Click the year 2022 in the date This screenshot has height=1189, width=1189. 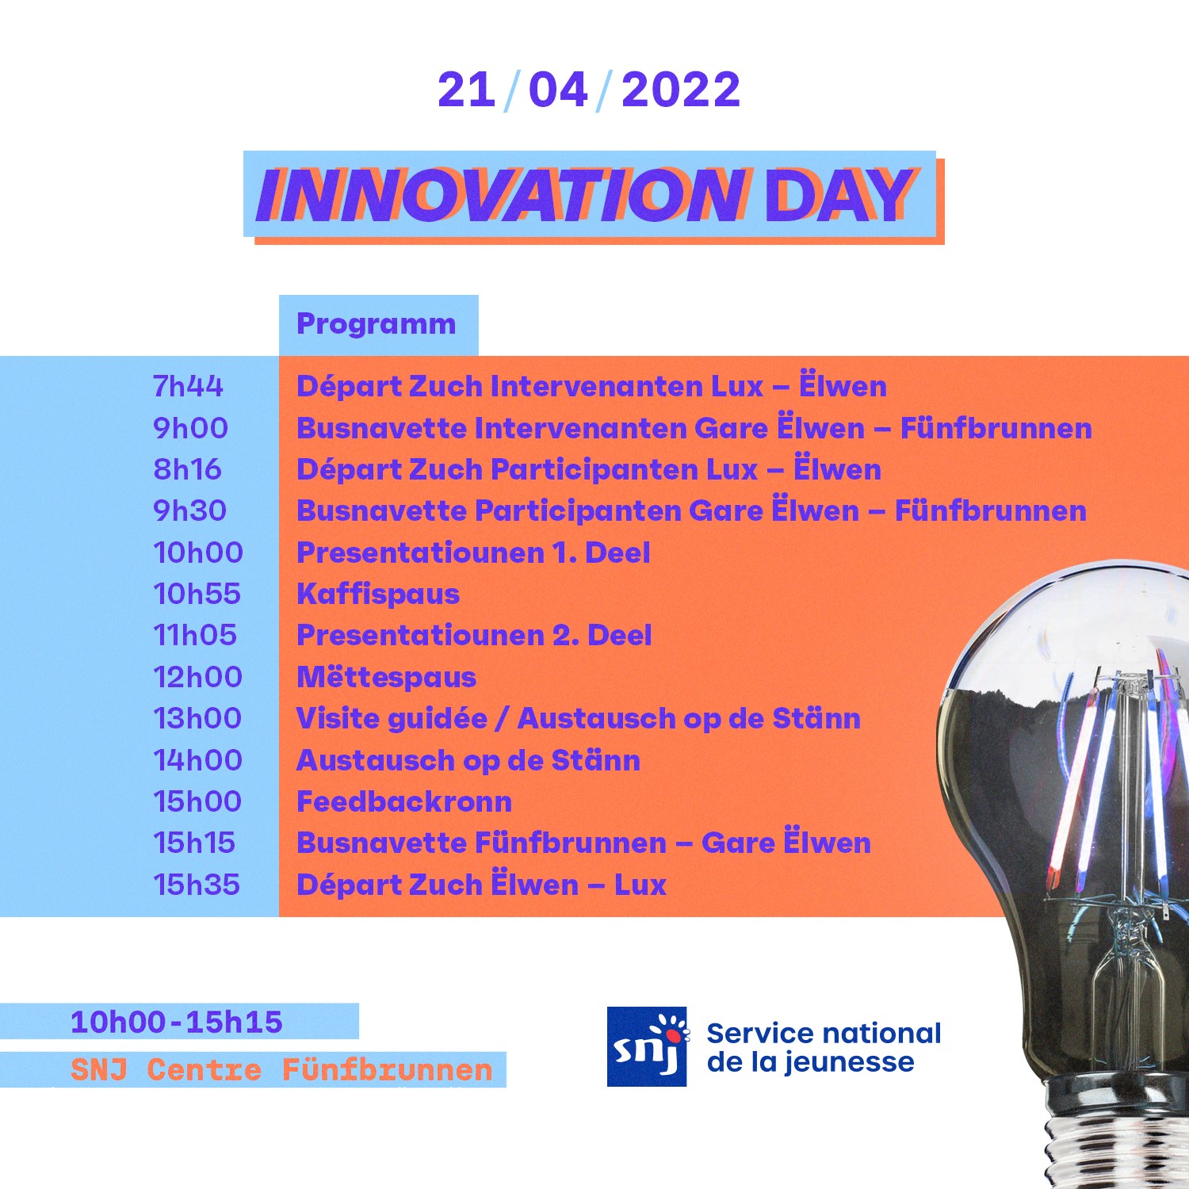(680, 90)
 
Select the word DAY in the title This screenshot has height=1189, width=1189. (839, 196)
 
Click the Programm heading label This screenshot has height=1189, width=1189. (376, 324)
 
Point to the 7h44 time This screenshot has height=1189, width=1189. (188, 386)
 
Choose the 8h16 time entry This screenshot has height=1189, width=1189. (187, 469)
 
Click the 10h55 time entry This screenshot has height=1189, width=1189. (197, 594)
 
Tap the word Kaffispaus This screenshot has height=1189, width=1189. (378, 594)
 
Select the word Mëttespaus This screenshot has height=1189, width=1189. (386, 677)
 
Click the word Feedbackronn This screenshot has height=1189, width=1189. (404, 801)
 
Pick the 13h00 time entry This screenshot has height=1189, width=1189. (197, 718)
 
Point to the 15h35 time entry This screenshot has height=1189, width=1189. (197, 885)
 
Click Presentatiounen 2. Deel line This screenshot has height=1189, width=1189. (474, 636)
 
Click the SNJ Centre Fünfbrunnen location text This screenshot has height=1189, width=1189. (281, 1070)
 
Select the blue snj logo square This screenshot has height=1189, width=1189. (647, 1046)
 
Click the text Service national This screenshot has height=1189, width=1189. (824, 1034)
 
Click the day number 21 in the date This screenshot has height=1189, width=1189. (466, 90)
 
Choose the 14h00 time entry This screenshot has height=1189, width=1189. (197, 760)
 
